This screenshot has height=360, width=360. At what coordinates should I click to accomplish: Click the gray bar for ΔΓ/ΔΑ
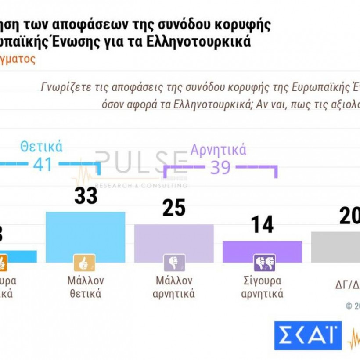click(336, 247)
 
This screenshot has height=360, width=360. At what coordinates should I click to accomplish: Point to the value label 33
click(86, 196)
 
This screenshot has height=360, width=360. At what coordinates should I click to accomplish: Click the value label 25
click(174, 209)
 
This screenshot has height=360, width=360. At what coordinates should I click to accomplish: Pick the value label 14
click(263, 225)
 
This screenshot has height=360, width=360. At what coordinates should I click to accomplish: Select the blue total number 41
click(42, 165)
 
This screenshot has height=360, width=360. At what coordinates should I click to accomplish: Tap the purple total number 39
click(220, 167)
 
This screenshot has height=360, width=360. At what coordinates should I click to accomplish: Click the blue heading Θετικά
click(42, 147)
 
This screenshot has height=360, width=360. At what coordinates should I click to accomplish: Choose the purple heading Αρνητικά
click(218, 150)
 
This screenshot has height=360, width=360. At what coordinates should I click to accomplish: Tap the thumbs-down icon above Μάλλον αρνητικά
click(171, 263)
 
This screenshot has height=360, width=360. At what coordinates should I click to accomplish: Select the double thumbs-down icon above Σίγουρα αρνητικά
click(264, 263)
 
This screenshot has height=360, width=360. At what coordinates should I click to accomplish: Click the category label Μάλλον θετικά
click(85, 287)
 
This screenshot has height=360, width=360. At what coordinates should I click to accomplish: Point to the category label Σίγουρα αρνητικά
click(263, 287)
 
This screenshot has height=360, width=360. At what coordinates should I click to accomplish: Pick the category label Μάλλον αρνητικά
click(174, 287)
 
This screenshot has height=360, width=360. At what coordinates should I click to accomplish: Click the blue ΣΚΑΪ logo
click(308, 336)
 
